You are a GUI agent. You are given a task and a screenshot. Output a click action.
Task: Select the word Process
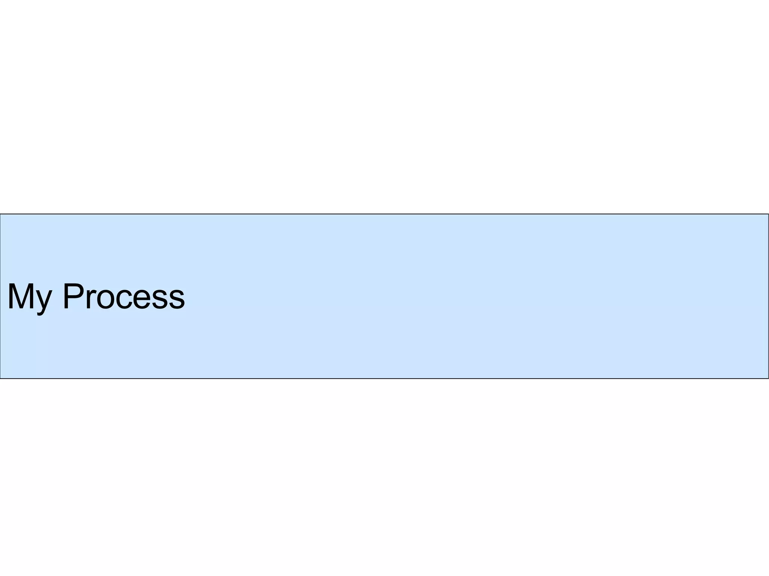tap(124, 296)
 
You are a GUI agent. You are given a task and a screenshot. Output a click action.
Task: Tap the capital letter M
tap(21, 296)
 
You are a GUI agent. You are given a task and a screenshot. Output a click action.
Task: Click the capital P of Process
tap(74, 296)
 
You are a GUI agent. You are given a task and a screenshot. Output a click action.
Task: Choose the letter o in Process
tap(106, 300)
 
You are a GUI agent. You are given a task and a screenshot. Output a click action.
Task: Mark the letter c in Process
tap(124, 300)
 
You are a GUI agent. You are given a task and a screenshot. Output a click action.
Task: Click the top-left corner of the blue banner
tap(0, 214)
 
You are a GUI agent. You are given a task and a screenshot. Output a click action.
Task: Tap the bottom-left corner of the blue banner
tap(0, 378)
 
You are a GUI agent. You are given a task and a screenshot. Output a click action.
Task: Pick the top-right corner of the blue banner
tap(768, 214)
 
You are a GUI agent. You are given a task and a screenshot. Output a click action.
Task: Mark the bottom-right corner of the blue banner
tap(768, 378)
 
